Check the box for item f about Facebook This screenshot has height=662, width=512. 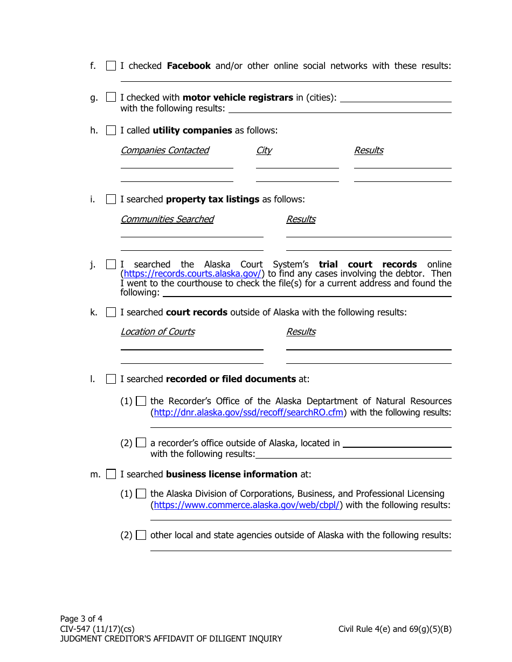[111, 66]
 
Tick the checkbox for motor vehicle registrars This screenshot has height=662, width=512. [111, 97]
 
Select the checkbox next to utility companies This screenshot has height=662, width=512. [111, 130]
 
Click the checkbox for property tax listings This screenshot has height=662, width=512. [111, 199]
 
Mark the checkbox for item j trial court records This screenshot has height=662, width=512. [111, 264]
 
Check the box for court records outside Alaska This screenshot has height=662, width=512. [111, 312]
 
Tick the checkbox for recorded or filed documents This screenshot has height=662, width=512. [111, 379]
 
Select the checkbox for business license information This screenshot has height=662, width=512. [111, 474]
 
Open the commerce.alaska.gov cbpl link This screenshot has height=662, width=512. [247, 505]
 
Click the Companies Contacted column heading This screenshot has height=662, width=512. [164, 150]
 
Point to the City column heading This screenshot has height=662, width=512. [264, 150]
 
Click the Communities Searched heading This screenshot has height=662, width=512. [167, 219]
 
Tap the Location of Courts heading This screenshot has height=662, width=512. [157, 332]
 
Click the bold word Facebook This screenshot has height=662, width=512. [189, 66]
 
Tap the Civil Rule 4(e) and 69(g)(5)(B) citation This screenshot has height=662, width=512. [395, 629]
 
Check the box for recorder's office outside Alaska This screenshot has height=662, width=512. [141, 443]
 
